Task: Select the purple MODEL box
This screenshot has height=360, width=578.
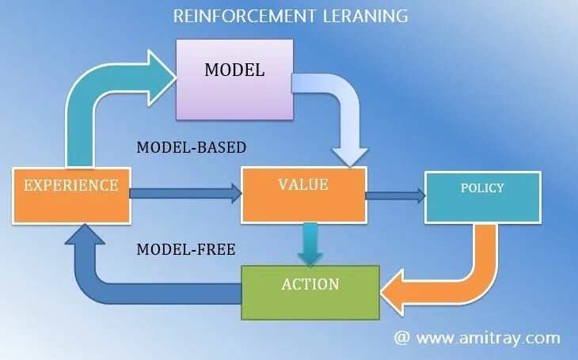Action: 234,80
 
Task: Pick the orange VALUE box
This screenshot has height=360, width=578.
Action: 303,194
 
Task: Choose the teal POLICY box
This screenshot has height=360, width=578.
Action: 482,196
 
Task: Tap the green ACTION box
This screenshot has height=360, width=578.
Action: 310,290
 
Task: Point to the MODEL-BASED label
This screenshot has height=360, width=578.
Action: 192,147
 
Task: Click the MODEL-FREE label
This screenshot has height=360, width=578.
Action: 186,249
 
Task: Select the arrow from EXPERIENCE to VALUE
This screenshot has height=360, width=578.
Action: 184,191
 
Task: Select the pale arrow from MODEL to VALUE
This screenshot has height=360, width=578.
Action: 340,111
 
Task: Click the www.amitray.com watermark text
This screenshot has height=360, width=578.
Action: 488,338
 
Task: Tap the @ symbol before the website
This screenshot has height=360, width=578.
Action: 401,338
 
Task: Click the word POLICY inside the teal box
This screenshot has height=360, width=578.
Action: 482,188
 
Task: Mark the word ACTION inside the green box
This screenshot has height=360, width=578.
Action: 310,284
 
